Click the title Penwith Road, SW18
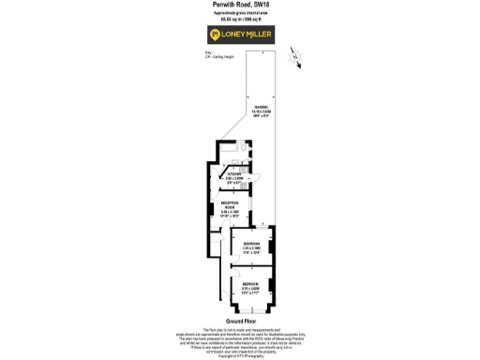coord(241,5)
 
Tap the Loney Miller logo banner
coord(241,36)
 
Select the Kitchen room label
coord(233,176)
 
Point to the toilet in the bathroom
coord(243,147)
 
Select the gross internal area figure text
coord(241,19)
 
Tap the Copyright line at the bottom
coord(240,356)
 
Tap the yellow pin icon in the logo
coord(214,36)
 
